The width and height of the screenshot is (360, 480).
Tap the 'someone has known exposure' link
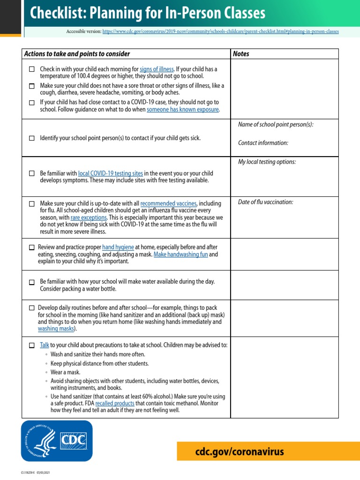pyautogui.click(x=183, y=109)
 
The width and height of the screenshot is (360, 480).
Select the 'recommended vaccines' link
pyautogui.click(x=169, y=203)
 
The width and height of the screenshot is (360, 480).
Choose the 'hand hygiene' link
pyautogui.click(x=118, y=247)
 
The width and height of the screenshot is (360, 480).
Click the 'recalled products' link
pyautogui.click(x=115, y=403)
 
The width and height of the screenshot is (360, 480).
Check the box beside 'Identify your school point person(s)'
pyautogui.click(x=32, y=138)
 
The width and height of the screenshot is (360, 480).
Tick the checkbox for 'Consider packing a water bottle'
pyautogui.click(x=32, y=282)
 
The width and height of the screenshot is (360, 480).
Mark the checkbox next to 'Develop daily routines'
pyautogui.click(x=32, y=308)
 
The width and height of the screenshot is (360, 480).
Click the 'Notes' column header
pyautogui.click(x=241, y=54)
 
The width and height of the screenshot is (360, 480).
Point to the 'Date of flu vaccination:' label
pyautogui.click(x=265, y=202)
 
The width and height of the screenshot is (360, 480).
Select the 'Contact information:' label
pyautogui.click(x=263, y=143)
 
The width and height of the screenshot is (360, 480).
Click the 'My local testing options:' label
pyautogui.click(x=267, y=162)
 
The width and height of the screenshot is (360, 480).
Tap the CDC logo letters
pyautogui.click(x=74, y=441)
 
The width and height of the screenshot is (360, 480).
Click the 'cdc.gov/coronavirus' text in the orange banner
pyautogui.click(x=240, y=452)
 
